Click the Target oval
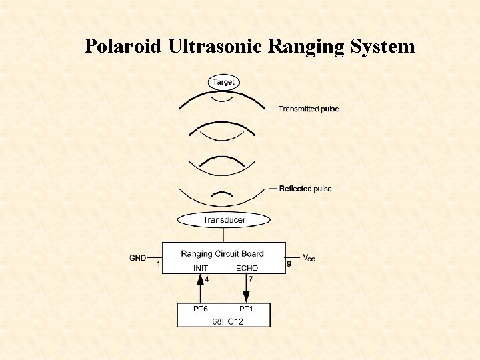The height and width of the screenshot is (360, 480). [223, 82]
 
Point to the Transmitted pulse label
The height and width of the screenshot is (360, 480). [308, 109]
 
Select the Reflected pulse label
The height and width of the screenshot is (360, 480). [305, 189]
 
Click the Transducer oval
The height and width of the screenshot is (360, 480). [224, 219]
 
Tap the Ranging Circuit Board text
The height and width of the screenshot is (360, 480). [222, 253]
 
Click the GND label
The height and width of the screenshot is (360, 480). [138, 257]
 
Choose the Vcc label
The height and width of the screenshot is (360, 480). [309, 257]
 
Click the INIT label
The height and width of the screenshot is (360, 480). [201, 268]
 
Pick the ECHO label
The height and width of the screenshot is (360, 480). [247, 268]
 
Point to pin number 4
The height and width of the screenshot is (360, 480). [207, 279]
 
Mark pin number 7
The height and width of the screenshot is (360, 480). [251, 279]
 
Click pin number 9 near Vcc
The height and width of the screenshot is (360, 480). [289, 264]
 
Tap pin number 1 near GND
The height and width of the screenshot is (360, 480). [158, 264]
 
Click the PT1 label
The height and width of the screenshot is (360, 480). [247, 309]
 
